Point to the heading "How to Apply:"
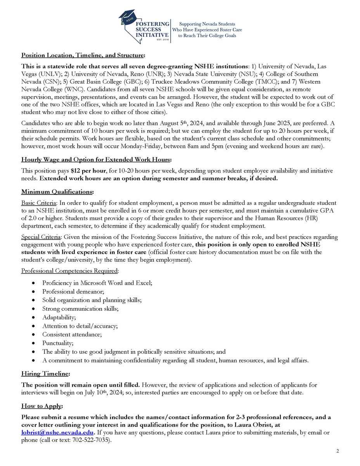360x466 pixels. (42, 407)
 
